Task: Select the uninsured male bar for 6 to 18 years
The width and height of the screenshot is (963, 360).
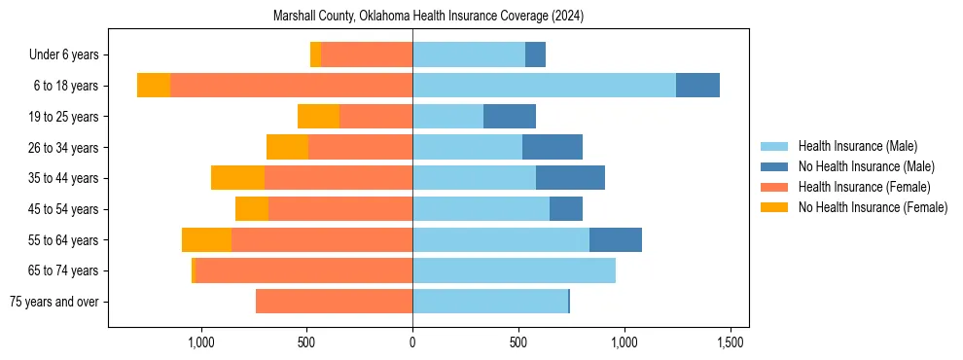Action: [697, 86]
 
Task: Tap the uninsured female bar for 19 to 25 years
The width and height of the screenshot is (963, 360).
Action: [318, 117]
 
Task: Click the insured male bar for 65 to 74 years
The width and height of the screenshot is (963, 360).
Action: [514, 270]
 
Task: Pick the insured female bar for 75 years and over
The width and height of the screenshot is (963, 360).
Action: [334, 302]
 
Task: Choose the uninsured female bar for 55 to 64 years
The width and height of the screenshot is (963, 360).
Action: [206, 239]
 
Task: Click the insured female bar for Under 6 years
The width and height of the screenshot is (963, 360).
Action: [367, 54]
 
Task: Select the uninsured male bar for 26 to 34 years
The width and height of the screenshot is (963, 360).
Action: [553, 147]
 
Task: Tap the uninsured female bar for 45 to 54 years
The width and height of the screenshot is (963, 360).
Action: [252, 209]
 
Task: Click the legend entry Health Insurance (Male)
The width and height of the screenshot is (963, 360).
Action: [857, 146]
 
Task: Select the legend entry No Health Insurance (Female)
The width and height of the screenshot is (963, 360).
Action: [873, 207]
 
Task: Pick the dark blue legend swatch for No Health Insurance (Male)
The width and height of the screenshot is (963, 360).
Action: [774, 166]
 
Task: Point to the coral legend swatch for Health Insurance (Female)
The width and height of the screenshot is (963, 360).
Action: [774, 187]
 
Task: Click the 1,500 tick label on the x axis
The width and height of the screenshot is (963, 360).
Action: [731, 342]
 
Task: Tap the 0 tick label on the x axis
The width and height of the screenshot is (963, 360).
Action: [412, 342]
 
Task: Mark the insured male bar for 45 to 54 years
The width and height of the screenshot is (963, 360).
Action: [481, 209]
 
